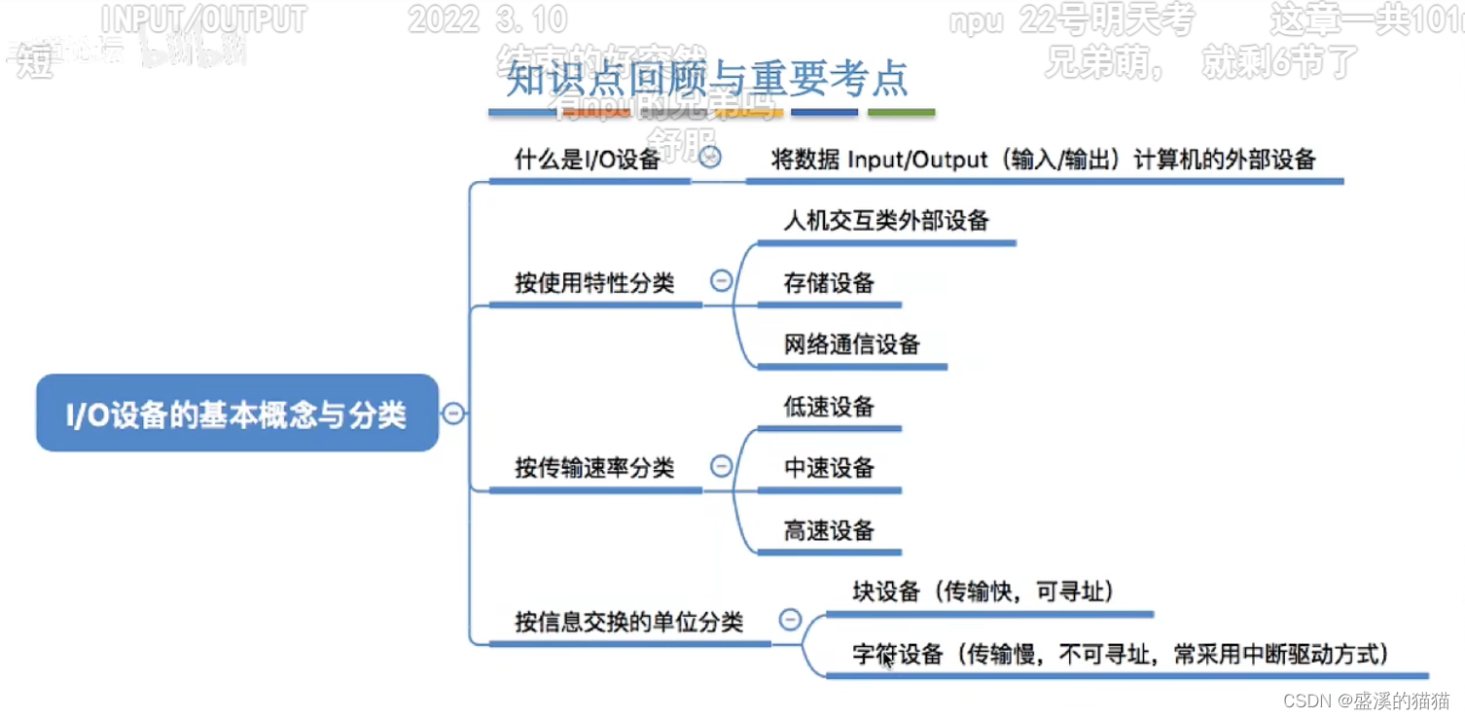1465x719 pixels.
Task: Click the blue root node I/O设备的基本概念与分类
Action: [x=236, y=414]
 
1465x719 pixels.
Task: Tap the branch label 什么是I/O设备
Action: [x=587, y=160]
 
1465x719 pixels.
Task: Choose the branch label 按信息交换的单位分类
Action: [x=628, y=622]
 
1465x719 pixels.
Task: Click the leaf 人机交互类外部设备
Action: [x=885, y=221]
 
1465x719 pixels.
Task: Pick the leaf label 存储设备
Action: [x=829, y=283]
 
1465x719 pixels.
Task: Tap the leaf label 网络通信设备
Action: [x=851, y=344]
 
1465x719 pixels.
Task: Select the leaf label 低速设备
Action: [x=829, y=407]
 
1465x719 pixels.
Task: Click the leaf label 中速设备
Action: [x=829, y=468]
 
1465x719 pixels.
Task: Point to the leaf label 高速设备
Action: [x=829, y=530]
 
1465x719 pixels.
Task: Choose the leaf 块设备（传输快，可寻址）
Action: [x=983, y=592]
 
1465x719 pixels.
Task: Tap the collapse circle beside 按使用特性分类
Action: [x=722, y=281]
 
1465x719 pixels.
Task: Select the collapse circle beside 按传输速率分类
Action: [x=722, y=466]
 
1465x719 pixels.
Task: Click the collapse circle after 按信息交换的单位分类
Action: [x=791, y=619]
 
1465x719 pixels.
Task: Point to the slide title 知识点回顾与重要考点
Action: [x=706, y=79]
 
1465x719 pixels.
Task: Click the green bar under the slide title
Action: [x=901, y=113]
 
